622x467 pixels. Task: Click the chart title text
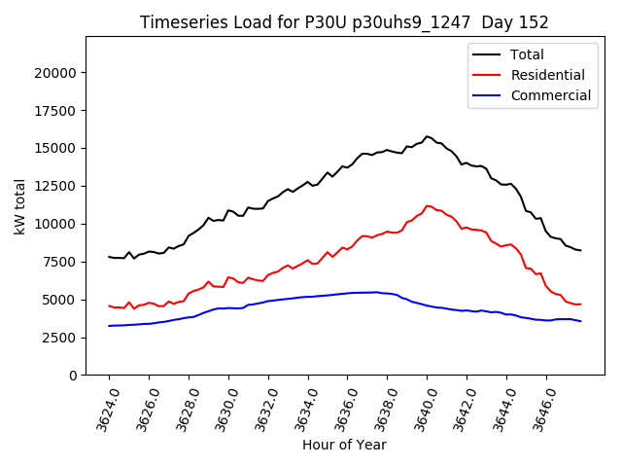click(x=344, y=22)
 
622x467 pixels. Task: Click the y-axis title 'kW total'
click(x=20, y=205)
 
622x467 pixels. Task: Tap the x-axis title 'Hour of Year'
click(x=344, y=445)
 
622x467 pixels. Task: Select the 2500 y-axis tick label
click(x=60, y=338)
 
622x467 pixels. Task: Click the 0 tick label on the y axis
click(x=73, y=376)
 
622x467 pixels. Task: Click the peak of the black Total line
click(x=427, y=136)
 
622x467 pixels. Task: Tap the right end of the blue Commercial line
click(x=580, y=321)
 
